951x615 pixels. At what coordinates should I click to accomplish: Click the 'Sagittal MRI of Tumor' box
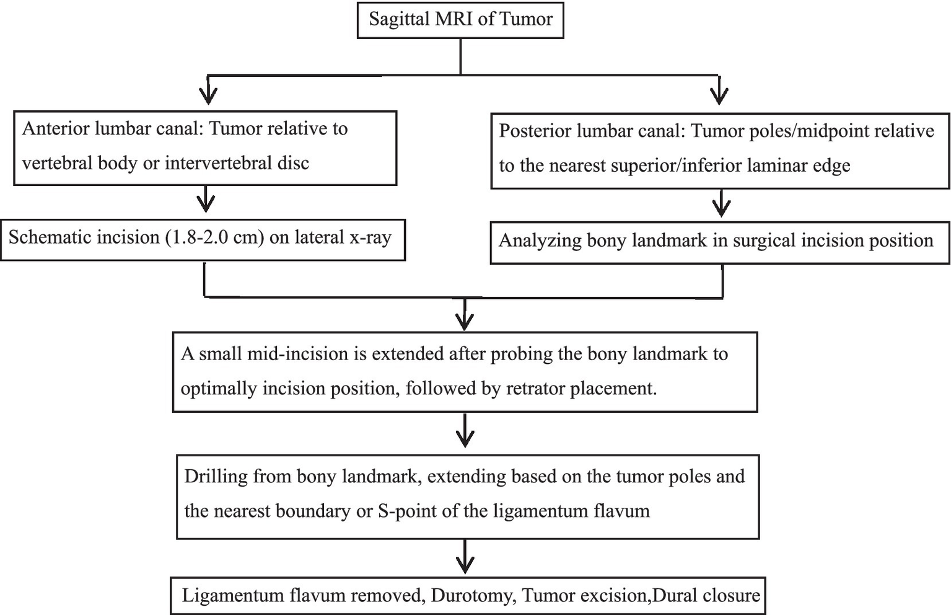[x=460, y=19]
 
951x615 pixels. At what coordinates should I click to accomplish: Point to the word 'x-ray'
[x=370, y=237]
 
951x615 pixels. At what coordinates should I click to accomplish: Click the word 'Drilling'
[x=215, y=476]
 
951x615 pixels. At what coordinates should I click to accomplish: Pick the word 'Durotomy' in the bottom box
[x=472, y=596]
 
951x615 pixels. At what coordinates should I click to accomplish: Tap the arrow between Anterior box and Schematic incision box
[x=206, y=201]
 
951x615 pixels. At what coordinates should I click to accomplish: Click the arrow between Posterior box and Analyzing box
[x=721, y=204]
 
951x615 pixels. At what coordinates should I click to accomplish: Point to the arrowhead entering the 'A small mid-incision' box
[x=465, y=320]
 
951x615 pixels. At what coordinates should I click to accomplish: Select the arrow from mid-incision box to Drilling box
[x=465, y=431]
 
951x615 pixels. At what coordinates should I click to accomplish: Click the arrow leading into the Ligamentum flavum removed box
[x=465, y=557]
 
